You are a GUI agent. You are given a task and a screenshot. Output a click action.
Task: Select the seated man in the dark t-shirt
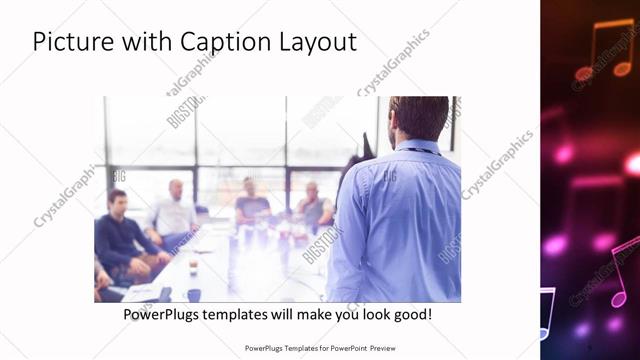[x=251, y=203]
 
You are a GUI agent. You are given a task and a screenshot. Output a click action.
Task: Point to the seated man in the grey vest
[x=314, y=206]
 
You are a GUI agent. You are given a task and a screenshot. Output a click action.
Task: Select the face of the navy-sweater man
[x=118, y=204]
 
